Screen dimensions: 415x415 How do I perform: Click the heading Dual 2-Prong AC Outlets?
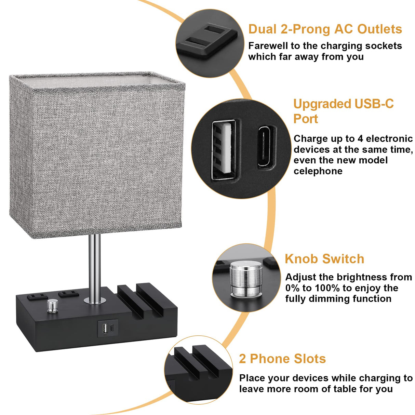click(325, 29)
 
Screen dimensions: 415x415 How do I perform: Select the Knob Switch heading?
click(324, 259)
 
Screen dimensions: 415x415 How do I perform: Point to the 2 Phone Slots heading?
click(282, 359)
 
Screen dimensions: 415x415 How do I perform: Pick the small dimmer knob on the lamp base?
click(52, 306)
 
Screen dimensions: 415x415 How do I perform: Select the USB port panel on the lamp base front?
click(108, 329)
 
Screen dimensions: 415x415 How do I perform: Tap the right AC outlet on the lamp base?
click(68, 293)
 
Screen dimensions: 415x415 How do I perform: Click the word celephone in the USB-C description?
click(318, 171)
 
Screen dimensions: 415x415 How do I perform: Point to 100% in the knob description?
click(325, 288)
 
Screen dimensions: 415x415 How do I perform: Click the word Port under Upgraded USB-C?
click(306, 119)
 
